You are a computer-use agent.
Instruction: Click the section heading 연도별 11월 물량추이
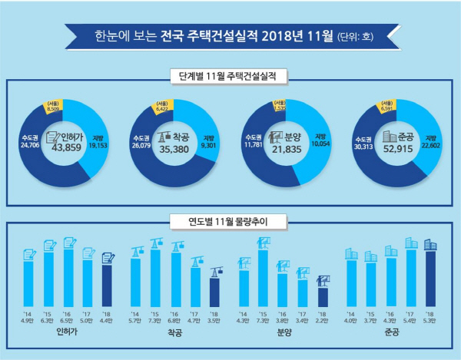(230, 223)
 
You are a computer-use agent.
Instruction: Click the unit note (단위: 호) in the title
(358, 35)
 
